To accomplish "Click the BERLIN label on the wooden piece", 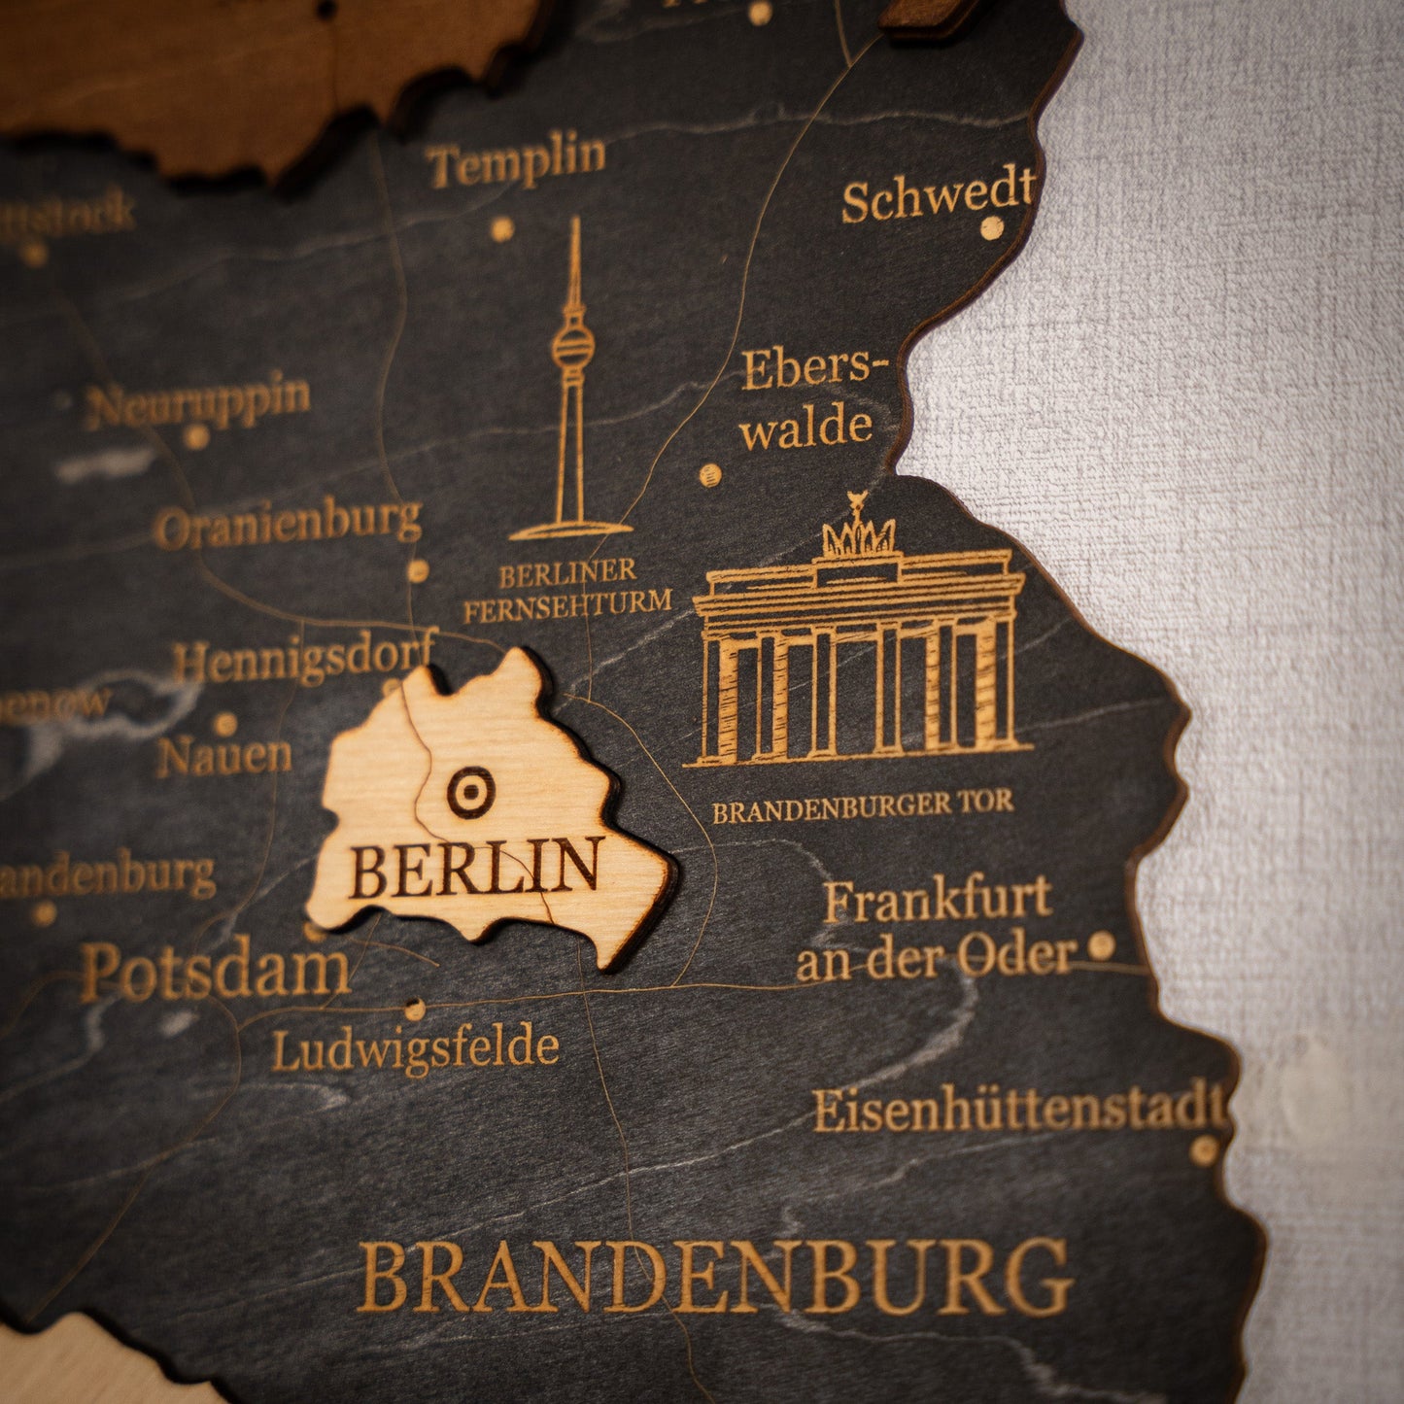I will [475, 867].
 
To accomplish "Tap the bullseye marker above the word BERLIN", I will [470, 792].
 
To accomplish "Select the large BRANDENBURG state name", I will [715, 1277].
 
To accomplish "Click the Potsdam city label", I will [215, 970].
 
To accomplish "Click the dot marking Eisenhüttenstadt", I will [1205, 1150].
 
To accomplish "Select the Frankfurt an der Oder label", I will [937, 929].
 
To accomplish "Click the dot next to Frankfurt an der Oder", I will [1101, 944].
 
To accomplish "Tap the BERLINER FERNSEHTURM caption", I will [567, 589].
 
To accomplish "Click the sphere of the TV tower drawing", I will [573, 345].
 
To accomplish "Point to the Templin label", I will [516, 160].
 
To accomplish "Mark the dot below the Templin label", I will [501, 229].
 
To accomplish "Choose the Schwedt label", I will [937, 196].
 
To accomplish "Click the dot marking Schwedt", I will [991, 228].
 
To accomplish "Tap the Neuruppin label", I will [198, 399].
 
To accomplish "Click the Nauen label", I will [224, 756].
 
